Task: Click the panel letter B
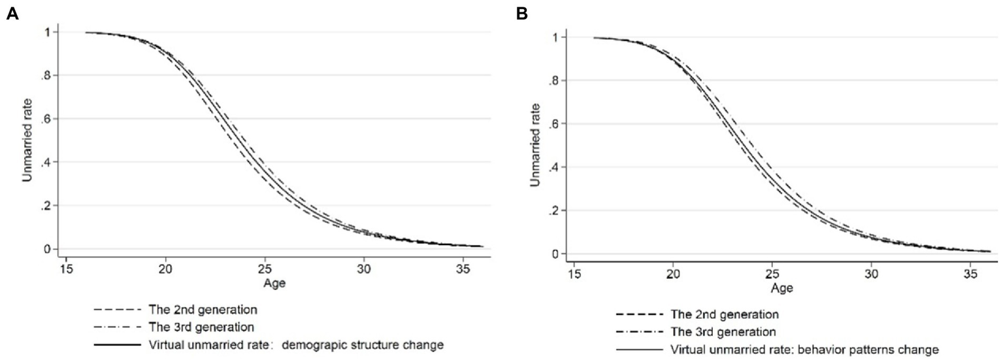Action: [522, 13]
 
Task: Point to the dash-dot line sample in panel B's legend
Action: [634, 331]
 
